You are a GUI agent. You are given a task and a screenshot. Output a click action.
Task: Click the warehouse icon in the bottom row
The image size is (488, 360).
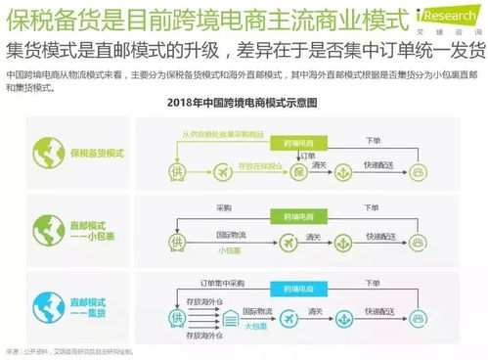tap(229, 319)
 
